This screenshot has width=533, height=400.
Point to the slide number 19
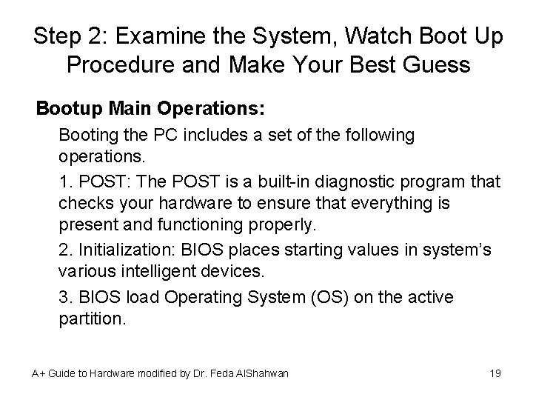495,373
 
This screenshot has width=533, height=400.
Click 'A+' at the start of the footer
38,373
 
